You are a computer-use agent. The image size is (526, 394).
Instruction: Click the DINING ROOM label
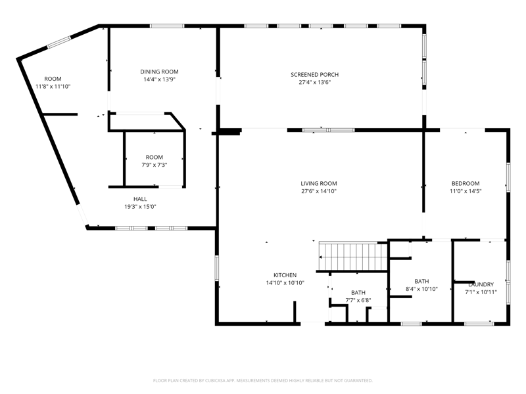click(159, 72)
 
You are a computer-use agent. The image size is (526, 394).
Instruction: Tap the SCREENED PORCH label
click(315, 75)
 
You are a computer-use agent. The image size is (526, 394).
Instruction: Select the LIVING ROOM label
click(319, 184)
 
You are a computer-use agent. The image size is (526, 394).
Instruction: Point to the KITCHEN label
click(285, 275)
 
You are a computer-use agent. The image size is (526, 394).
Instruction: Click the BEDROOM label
click(466, 184)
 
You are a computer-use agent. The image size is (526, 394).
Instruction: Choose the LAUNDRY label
click(481, 284)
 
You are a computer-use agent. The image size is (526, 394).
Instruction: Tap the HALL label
click(140, 199)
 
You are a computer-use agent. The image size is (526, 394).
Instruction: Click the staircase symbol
click(353, 257)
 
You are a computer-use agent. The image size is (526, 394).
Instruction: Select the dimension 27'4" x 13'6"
click(315, 83)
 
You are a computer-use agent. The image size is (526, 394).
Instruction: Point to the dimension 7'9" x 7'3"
click(155, 165)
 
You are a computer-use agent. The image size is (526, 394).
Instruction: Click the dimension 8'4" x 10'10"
click(421, 289)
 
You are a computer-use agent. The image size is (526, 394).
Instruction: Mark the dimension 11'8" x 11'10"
click(53, 87)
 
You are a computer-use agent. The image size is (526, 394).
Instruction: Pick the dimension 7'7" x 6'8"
click(358, 301)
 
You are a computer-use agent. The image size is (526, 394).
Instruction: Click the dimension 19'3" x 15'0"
click(140, 207)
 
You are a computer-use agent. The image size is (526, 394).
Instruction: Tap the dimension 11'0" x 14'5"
click(466, 191)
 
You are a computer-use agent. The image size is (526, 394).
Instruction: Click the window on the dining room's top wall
click(167, 26)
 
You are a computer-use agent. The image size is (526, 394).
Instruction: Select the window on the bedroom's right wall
click(508, 177)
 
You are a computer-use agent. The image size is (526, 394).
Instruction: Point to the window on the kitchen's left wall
click(217, 268)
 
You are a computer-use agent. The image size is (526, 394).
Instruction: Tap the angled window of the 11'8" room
click(59, 43)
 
